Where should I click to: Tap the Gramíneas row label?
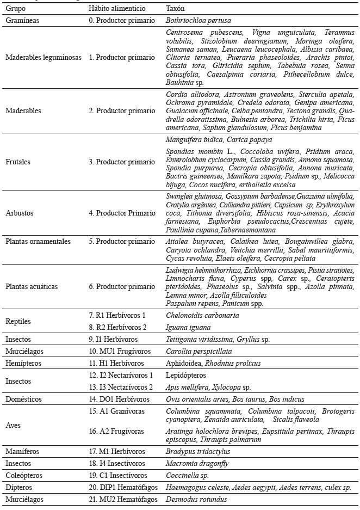click(22, 20)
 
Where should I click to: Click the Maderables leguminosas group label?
click(43, 57)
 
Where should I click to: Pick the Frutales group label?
click(18, 162)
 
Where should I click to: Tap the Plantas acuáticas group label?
click(32, 286)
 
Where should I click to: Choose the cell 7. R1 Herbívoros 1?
click(117, 315)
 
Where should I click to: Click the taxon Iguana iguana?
click(188, 327)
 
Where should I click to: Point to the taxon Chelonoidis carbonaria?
click(202, 315)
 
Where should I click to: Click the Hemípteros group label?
click(21, 363)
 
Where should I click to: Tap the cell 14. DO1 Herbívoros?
click(121, 399)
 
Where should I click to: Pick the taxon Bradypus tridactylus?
click(198, 451)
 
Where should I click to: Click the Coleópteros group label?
click(22, 475)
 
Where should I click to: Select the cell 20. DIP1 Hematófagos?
click(123, 487)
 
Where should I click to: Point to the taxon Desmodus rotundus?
click(196, 499)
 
